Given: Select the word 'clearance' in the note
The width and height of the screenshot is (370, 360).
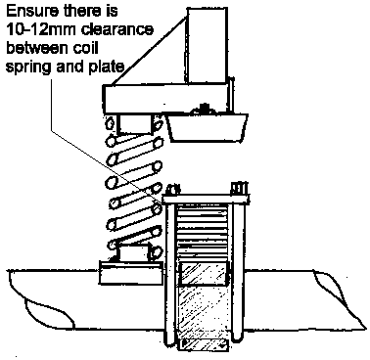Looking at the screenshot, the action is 116,30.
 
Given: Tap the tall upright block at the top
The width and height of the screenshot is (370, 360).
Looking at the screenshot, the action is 208,46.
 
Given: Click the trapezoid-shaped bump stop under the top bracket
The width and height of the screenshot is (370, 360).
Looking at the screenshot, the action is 208,128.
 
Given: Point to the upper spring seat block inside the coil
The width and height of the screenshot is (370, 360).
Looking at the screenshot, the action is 135,124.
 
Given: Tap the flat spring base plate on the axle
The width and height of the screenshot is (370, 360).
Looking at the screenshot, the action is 131,273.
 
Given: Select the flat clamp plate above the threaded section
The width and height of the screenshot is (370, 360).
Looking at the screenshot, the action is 207,200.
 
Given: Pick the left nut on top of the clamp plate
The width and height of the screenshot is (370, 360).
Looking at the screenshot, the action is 173,190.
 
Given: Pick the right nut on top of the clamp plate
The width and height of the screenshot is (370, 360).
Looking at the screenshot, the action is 239,189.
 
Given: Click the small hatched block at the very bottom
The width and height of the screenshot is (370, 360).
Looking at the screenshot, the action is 203,345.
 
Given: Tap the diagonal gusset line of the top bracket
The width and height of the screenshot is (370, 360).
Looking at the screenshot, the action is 150,51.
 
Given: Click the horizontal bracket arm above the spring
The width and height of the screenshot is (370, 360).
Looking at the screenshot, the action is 165,99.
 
